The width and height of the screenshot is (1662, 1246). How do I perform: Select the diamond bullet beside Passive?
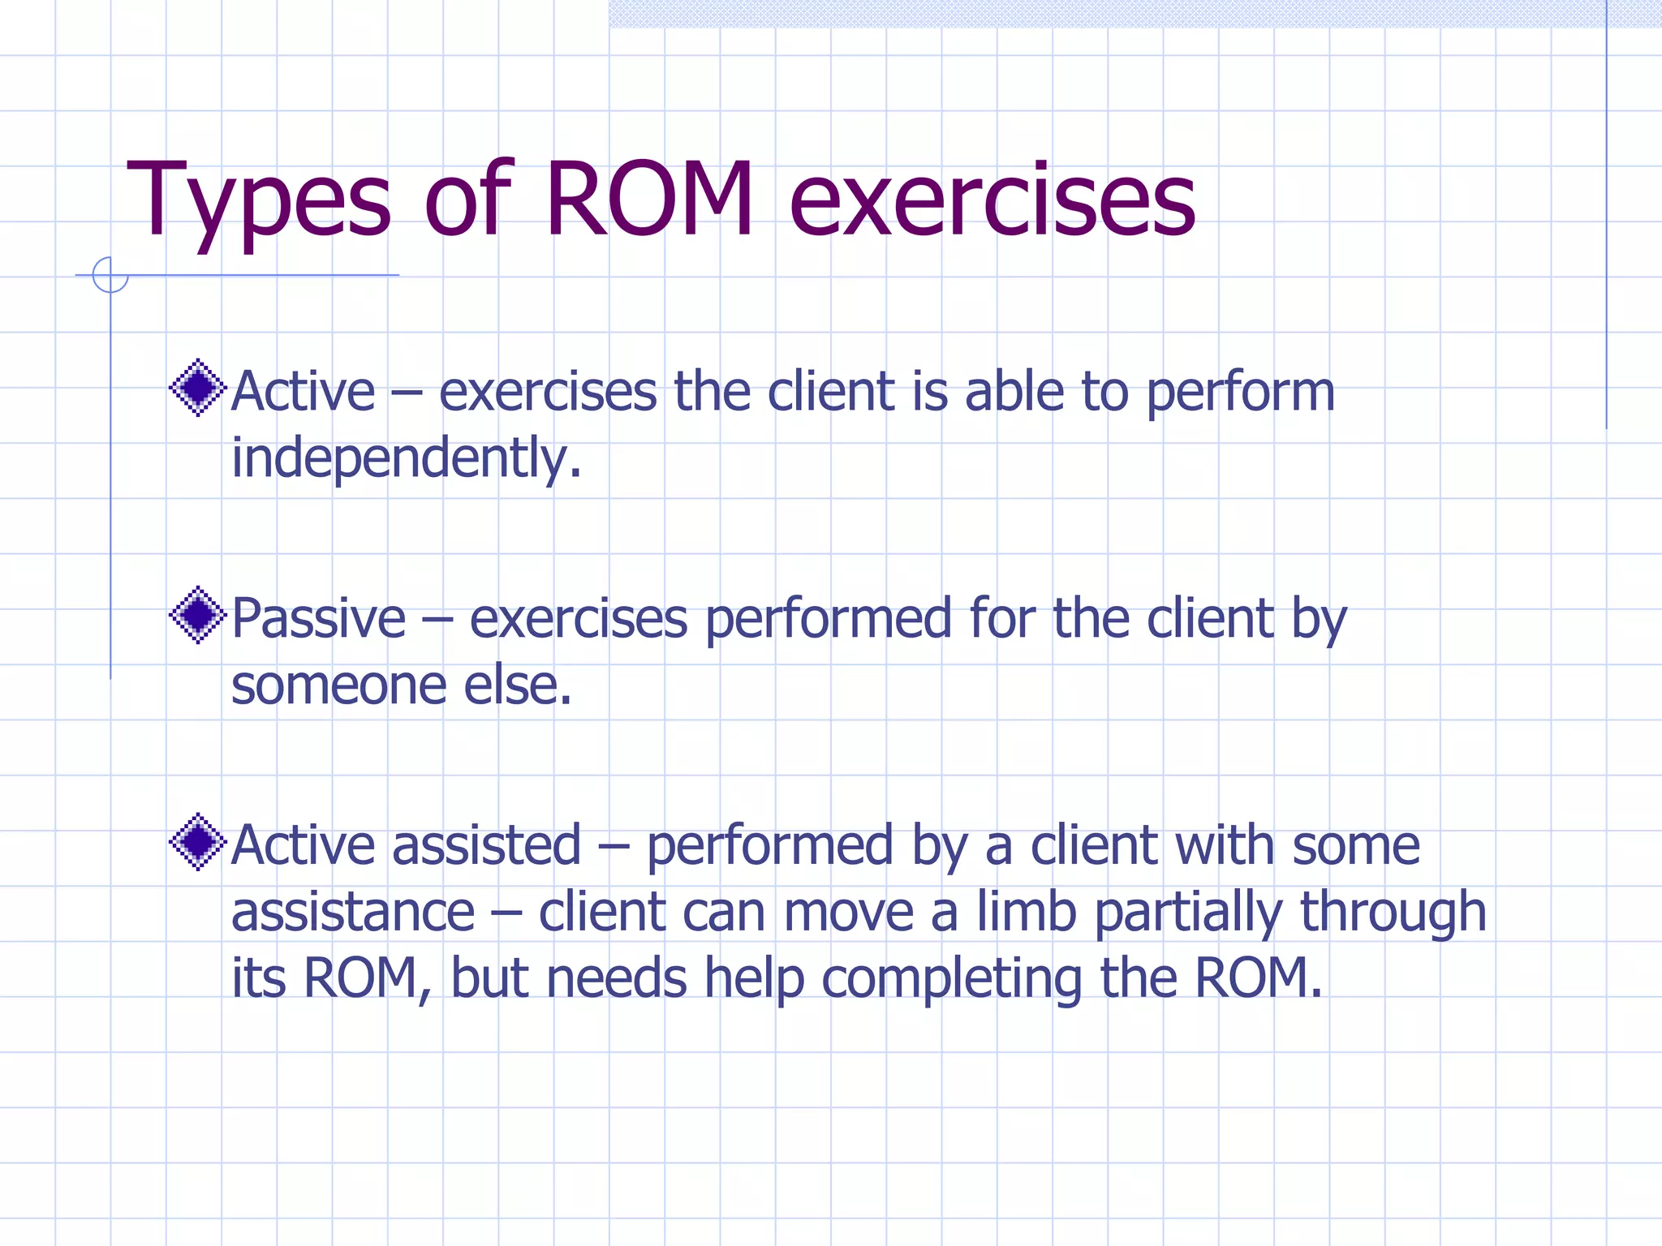click(197, 616)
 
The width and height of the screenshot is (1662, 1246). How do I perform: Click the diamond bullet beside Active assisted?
click(197, 842)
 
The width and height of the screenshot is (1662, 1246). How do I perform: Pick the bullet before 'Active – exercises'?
click(197, 388)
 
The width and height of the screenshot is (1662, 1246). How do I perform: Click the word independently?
click(406, 458)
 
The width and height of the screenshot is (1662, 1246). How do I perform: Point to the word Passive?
click(318, 619)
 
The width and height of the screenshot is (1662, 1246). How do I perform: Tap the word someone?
click(338, 686)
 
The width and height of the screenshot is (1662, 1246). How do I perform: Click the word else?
click(517, 686)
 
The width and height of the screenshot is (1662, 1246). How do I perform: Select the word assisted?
click(487, 845)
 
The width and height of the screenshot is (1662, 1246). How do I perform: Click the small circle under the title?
click(110, 275)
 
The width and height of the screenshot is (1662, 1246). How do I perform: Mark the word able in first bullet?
click(1014, 392)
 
